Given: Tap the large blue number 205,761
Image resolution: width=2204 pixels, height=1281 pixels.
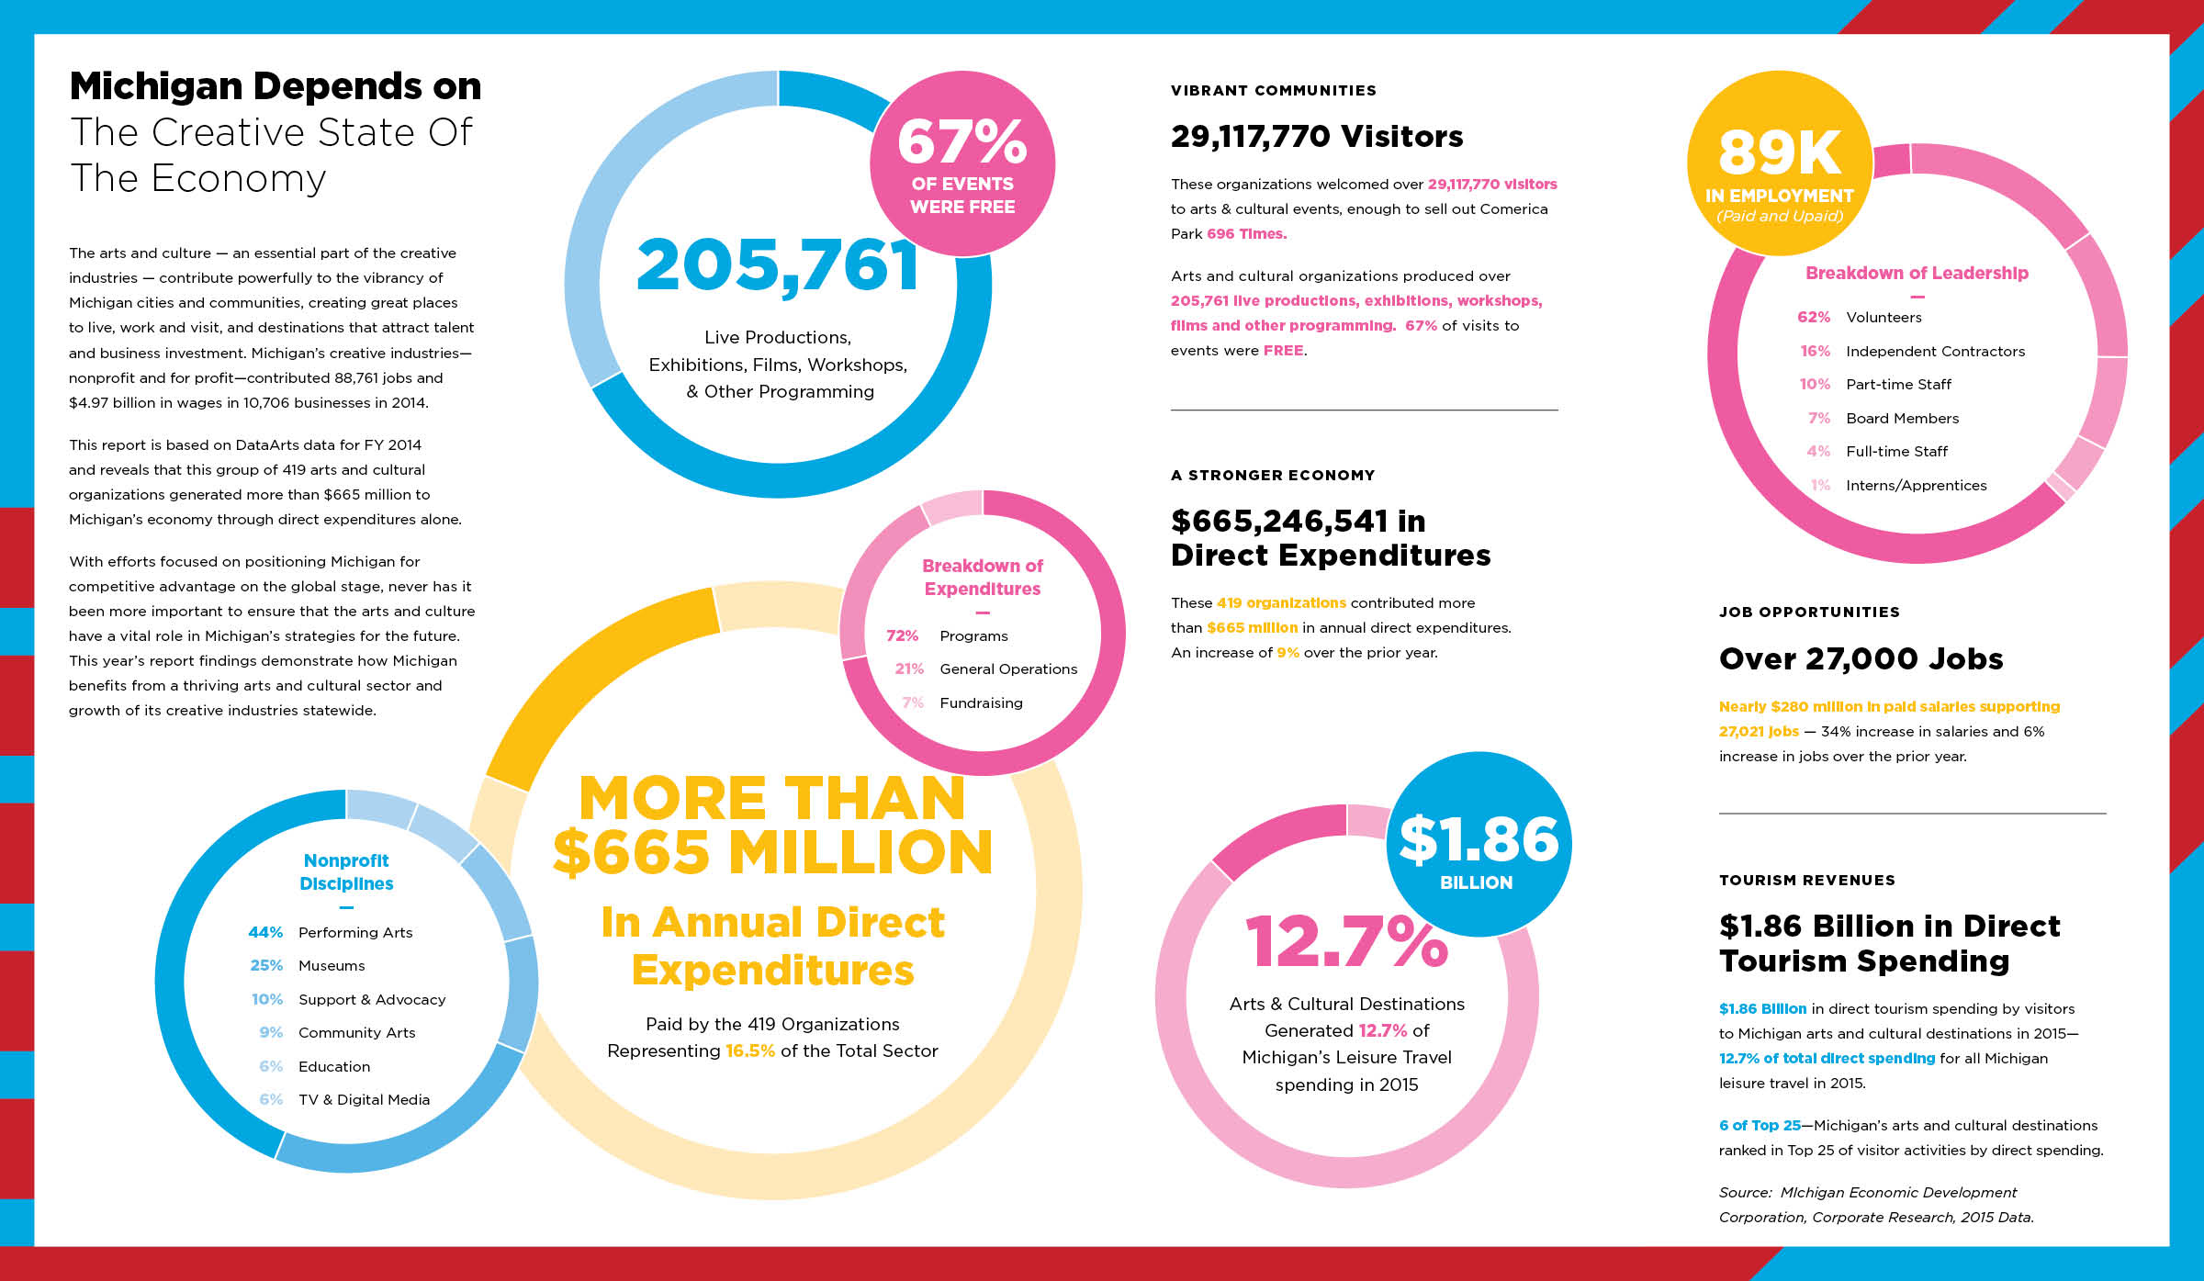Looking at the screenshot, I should [x=777, y=266].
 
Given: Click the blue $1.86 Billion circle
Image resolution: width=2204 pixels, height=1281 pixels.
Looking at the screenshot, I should [x=1478, y=845].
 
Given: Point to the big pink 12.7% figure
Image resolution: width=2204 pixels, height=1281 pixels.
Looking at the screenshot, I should [x=1346, y=942].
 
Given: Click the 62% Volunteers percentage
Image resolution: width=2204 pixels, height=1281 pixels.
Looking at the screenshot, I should [x=1813, y=317].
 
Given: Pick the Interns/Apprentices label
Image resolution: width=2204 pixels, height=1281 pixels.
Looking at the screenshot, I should [x=1916, y=485].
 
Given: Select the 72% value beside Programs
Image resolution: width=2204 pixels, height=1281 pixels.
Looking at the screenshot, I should [x=902, y=635].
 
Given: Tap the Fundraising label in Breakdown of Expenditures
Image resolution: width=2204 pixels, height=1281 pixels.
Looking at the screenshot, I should [x=981, y=702].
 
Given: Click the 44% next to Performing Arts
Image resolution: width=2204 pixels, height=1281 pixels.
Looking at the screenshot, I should [x=265, y=932].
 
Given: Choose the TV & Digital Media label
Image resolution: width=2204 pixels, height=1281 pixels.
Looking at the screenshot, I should [x=364, y=1099].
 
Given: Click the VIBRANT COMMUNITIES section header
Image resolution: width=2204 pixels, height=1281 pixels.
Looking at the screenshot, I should [x=1273, y=90].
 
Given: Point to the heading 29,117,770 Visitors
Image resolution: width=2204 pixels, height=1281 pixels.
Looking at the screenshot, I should [x=1316, y=136].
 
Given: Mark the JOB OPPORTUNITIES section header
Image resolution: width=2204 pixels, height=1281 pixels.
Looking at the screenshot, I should [x=1809, y=612].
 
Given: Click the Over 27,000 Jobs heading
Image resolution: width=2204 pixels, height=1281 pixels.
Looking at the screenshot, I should [x=1861, y=658].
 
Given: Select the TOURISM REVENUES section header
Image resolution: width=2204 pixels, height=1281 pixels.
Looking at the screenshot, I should [x=1806, y=880].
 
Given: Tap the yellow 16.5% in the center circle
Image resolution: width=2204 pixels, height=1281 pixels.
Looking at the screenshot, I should [x=749, y=1051].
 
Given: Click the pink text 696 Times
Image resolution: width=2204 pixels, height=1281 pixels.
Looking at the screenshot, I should [x=1246, y=233].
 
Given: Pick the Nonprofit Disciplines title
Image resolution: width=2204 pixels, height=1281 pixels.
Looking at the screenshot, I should [x=346, y=871].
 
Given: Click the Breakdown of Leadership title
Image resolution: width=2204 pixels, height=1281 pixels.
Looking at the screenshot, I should [x=1917, y=273].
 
